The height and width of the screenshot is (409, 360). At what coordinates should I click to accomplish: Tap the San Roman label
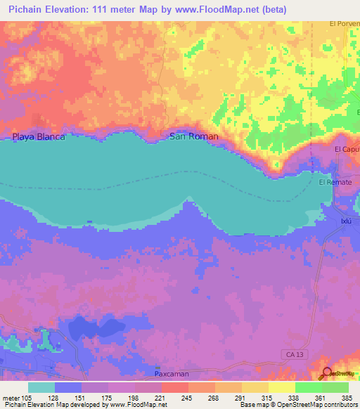(194, 137)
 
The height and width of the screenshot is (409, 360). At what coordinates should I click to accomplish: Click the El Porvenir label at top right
(344, 23)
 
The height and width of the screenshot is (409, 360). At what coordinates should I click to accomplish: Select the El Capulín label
(347, 150)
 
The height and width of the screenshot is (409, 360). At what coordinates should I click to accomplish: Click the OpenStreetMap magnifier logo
(326, 373)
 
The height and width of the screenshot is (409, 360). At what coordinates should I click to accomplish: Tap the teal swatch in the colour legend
(41, 387)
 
